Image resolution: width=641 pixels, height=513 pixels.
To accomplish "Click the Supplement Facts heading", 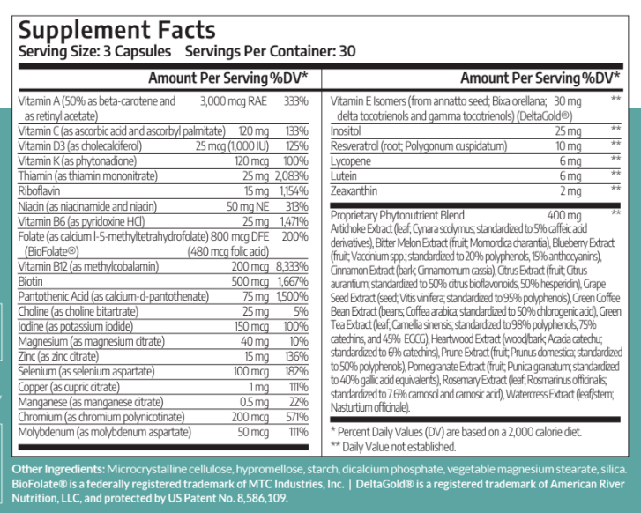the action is [117, 31].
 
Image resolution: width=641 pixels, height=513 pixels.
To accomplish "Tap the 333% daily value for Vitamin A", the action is [296, 101].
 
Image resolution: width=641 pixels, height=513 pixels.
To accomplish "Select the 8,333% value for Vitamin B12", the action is [292, 266].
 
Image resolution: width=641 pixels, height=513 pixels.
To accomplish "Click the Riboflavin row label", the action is [39, 191].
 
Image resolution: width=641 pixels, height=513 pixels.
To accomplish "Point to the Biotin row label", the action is [30, 281].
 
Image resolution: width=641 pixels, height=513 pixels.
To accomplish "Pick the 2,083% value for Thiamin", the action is [292, 175].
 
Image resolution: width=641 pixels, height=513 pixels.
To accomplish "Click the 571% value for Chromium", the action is [297, 417].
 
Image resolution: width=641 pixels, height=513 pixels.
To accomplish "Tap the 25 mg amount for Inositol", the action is [568, 131].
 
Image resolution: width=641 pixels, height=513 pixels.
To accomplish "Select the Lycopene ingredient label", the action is [350, 161].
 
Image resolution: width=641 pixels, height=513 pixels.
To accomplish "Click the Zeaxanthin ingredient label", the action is [354, 191].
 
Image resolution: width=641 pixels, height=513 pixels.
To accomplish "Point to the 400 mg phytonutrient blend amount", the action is [564, 215].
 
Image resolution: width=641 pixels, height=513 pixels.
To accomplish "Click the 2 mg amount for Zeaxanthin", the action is [570, 191].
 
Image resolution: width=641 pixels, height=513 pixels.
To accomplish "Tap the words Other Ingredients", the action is [58, 469].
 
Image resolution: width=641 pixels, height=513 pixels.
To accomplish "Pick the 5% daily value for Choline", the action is [301, 311].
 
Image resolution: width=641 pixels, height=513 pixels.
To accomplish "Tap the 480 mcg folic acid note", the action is [228, 251].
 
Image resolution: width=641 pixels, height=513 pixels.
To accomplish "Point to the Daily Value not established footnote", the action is [393, 447].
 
